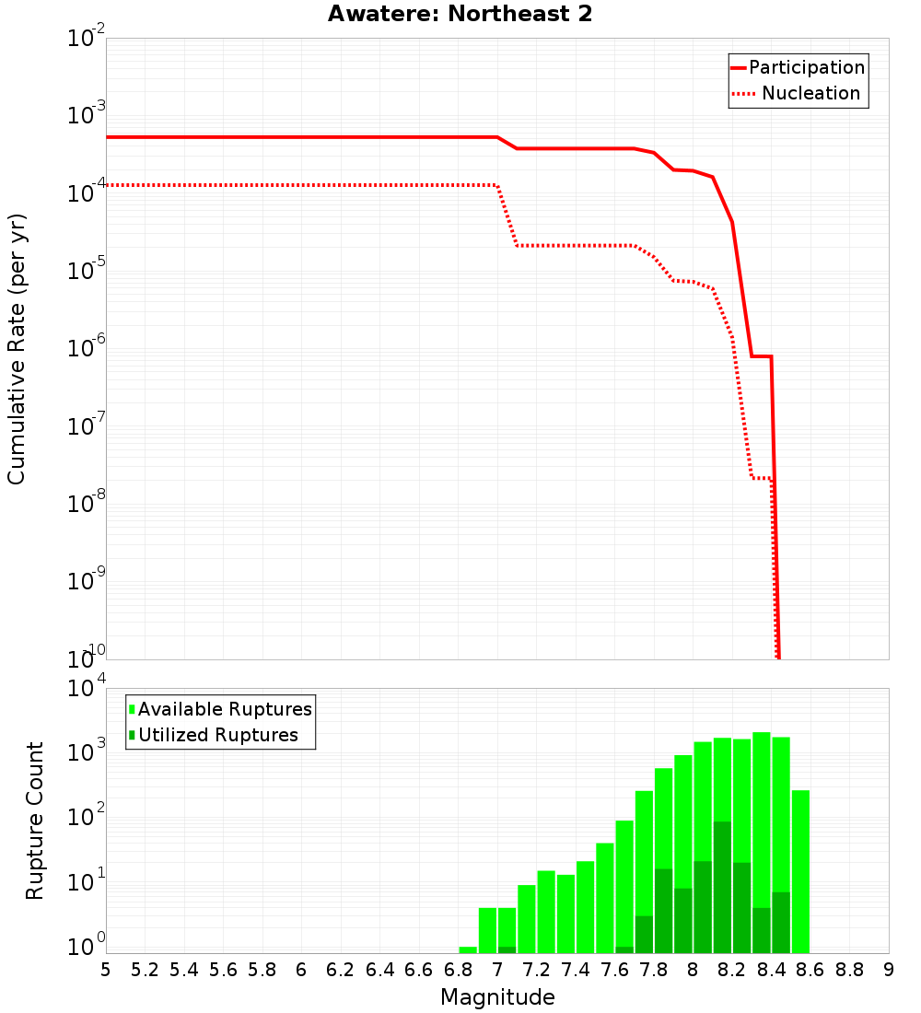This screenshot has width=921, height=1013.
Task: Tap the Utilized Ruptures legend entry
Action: (214, 735)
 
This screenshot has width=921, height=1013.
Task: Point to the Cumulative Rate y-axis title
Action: (17, 349)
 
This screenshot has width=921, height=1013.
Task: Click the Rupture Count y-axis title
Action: (35, 821)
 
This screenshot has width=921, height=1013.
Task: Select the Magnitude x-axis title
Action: (497, 997)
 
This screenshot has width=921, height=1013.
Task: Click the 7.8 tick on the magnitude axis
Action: (653, 970)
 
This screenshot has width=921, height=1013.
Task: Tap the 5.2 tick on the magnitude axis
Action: (145, 970)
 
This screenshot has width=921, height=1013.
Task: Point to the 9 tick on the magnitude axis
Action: (888, 970)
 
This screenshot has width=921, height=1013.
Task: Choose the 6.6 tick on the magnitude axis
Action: (419, 970)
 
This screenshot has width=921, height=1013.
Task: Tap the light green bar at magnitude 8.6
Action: (800, 871)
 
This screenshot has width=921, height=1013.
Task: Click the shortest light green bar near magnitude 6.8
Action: (468, 949)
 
